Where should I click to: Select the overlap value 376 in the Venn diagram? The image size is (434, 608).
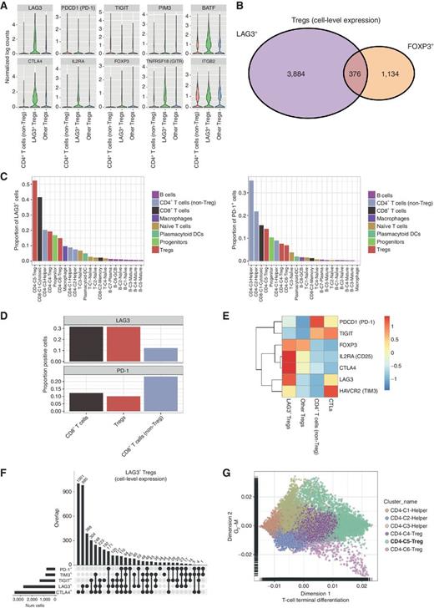click(x=338, y=73)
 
